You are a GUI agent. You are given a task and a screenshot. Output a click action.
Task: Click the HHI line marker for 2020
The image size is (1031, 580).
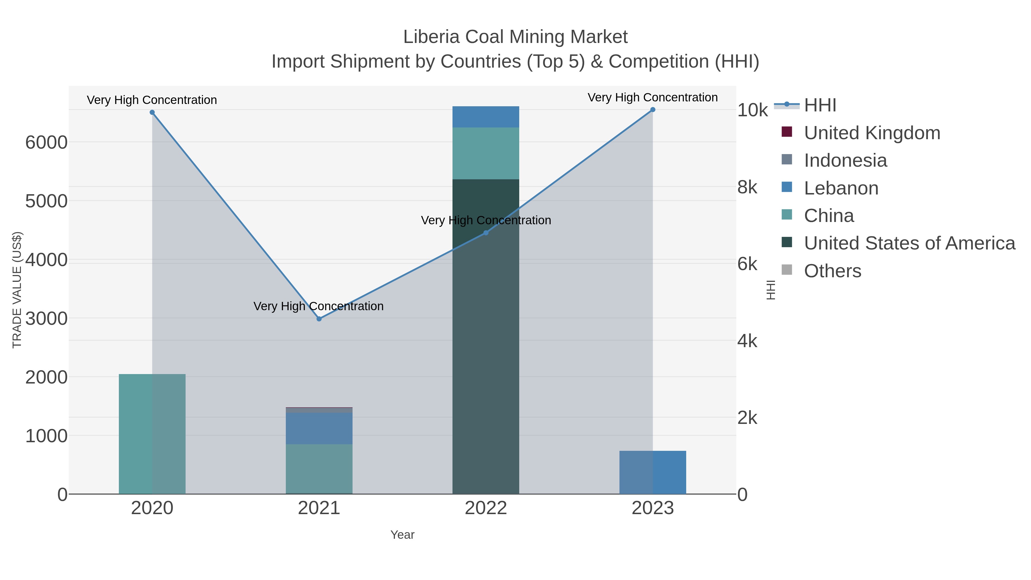pos(152,113)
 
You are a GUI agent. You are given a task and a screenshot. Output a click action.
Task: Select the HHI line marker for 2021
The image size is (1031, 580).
pos(319,319)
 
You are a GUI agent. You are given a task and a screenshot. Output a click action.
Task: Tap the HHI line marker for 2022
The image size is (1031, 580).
pos(486,233)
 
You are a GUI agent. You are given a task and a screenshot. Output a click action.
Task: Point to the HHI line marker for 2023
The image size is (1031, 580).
pos(653,110)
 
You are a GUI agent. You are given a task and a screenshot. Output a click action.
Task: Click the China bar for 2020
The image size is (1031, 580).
pos(152,434)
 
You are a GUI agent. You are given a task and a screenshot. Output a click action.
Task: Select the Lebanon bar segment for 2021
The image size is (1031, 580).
pos(319,428)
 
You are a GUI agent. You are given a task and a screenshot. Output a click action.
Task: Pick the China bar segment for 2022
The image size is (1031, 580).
pos(486,153)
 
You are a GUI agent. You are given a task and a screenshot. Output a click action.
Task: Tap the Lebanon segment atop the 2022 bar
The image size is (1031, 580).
pos(486,117)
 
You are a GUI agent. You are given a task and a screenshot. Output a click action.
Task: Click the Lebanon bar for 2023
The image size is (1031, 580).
pos(653,472)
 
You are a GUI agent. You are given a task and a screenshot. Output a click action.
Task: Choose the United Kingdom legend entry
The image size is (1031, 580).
pos(872,133)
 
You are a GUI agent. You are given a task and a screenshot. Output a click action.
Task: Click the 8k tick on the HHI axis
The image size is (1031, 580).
pos(747,187)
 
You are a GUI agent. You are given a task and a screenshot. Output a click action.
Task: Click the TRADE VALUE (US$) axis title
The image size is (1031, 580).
pos(17,290)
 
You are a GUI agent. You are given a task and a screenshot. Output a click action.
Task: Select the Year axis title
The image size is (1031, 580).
pos(402,535)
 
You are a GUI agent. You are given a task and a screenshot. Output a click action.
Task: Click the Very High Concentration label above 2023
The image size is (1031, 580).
pos(652,97)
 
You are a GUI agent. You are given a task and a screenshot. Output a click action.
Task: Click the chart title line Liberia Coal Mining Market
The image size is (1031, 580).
pos(515,37)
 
